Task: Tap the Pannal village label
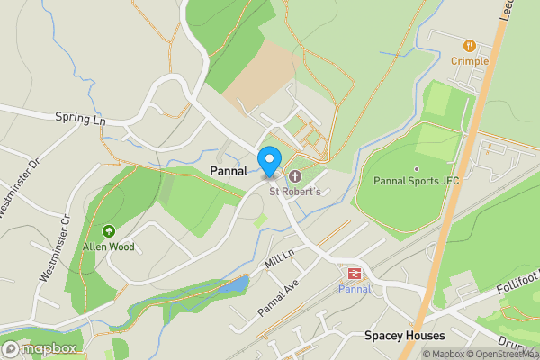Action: tap(229, 171)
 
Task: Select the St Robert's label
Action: tap(294, 191)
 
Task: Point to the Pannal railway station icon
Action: tap(354, 273)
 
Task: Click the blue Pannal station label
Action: tap(354, 289)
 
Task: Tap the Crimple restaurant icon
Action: tap(469, 45)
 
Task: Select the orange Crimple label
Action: tap(470, 61)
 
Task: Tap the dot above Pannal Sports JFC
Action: tap(416, 168)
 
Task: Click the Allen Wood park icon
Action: tap(109, 231)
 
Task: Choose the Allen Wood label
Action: tap(109, 247)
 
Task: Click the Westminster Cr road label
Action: tap(53, 248)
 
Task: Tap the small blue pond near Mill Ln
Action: tap(234, 285)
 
